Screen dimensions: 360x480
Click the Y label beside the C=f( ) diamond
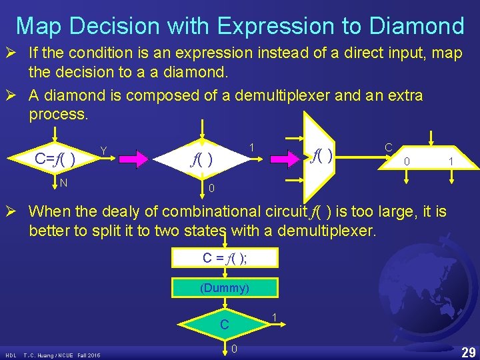pos(103,149)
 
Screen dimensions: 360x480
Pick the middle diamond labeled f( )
pos(203,159)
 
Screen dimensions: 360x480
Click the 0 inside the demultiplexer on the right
pos(408,161)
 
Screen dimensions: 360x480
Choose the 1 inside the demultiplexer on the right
pos(451,161)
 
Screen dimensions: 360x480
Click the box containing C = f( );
pos(225,259)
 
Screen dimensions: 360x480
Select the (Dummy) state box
pos(225,288)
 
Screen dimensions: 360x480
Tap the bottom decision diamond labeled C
pos(225,325)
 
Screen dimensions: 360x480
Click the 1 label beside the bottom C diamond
pos(275,316)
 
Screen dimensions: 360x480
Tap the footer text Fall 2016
pos(89,355)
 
